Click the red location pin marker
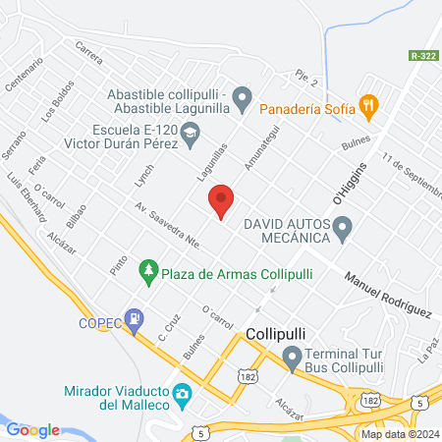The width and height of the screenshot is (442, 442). point(221,200)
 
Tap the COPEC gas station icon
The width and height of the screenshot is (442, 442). point(131,319)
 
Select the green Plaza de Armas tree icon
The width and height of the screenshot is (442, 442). point(148,269)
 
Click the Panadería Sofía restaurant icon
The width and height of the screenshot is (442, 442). point(368,103)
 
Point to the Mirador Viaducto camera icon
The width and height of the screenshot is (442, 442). point(182,395)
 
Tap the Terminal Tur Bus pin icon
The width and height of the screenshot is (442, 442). point(291,357)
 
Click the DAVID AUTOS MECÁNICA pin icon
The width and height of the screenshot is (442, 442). point(343,231)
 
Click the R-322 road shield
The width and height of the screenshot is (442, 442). point(422,58)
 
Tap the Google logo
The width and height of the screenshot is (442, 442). point(32,429)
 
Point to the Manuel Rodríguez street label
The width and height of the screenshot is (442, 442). point(388,294)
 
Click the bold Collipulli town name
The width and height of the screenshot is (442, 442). point(279,334)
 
